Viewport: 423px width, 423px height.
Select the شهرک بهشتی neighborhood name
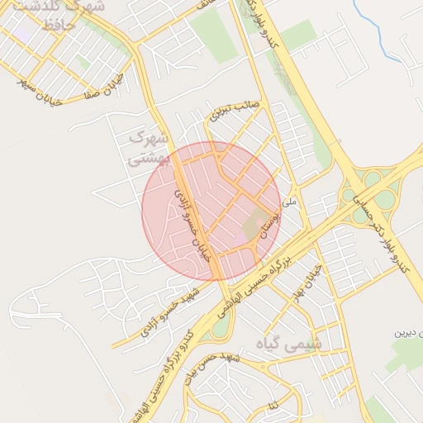[150, 145]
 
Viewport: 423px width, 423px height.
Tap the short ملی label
[288, 201]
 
